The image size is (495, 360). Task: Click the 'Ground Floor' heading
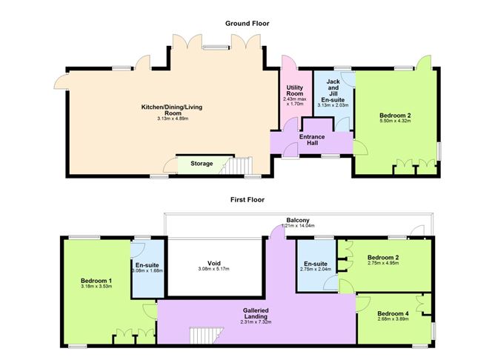point(247,24)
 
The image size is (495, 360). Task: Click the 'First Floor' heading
point(247,199)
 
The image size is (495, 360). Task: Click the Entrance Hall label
point(313,139)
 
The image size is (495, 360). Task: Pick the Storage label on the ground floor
point(201,164)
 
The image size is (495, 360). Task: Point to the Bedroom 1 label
point(96,281)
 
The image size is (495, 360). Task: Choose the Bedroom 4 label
point(392,313)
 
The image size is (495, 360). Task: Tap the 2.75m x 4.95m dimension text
point(388,264)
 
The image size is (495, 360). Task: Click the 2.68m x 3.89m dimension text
point(392,319)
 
